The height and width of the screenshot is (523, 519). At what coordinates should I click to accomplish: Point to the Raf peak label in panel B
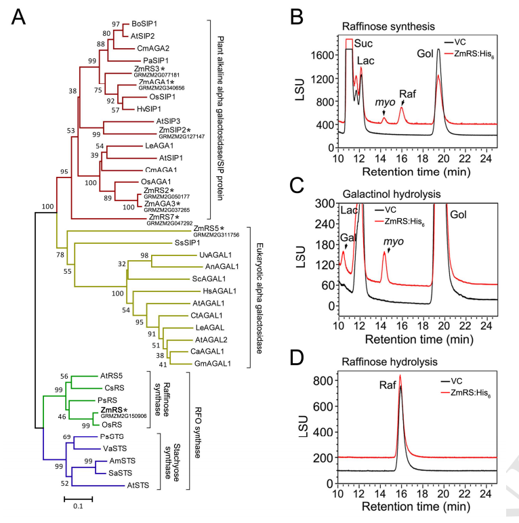(x=406, y=94)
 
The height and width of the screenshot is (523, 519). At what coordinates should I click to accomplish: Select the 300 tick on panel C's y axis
(x=323, y=204)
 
